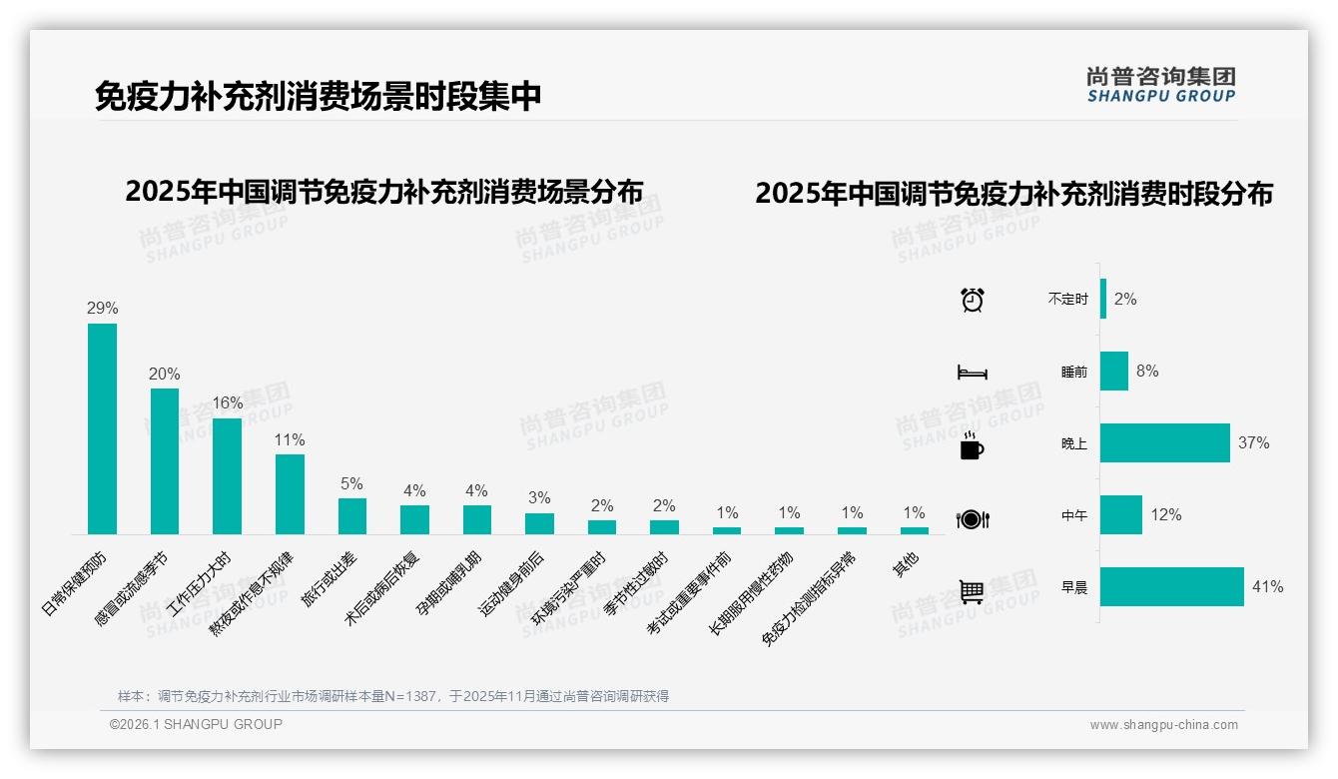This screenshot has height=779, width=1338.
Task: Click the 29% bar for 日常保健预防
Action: (x=102, y=428)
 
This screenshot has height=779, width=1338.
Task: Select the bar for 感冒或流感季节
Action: (x=165, y=461)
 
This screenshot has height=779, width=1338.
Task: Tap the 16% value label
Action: (x=227, y=403)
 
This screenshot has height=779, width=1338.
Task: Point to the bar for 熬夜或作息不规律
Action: (x=290, y=494)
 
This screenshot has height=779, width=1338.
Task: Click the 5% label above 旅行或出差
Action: (x=351, y=483)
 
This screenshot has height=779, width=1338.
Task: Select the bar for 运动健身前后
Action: (x=539, y=524)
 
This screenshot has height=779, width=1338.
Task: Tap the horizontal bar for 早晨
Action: (x=1171, y=587)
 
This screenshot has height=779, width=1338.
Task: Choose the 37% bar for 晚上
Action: (x=1164, y=442)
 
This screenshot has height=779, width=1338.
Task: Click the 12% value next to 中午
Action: (x=1165, y=515)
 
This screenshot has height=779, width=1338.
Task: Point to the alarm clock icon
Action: (x=972, y=300)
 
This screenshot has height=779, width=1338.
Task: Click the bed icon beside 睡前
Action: (x=972, y=373)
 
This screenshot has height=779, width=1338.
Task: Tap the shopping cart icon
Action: (x=972, y=591)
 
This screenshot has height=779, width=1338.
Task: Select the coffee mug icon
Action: (x=972, y=446)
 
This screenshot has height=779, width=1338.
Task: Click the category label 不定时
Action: (x=1067, y=300)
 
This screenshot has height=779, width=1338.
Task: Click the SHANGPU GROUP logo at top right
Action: (x=1161, y=85)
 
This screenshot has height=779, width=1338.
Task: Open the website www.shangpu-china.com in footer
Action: (x=1163, y=725)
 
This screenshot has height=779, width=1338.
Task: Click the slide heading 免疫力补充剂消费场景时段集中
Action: (x=319, y=97)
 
